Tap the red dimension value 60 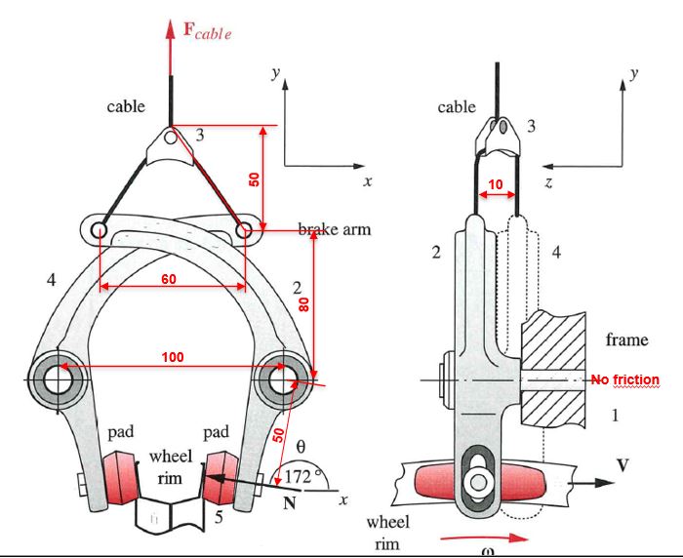tap(169, 279)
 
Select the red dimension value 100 tap(173, 358)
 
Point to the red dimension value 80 tap(304, 303)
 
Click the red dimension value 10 tap(496, 184)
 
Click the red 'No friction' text tap(625, 379)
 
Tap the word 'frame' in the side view tap(626, 339)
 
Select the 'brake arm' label tap(335, 229)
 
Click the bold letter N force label tap(289, 504)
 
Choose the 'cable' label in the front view tap(126, 106)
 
